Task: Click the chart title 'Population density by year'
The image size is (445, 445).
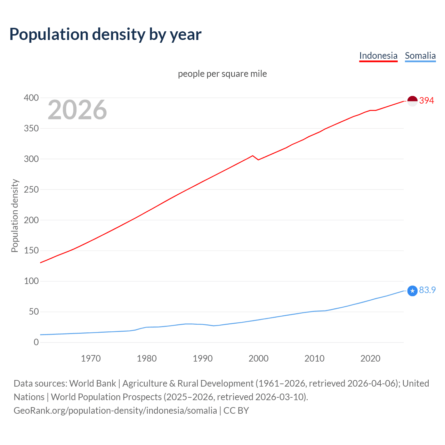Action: pyautogui.click(x=105, y=34)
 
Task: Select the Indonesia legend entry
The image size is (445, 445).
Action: pyautogui.click(x=378, y=56)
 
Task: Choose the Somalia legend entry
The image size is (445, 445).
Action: pyautogui.click(x=420, y=56)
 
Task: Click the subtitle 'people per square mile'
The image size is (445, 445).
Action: pyautogui.click(x=222, y=74)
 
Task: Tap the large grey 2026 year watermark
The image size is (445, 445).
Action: pyautogui.click(x=77, y=110)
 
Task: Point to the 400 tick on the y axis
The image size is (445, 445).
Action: pyautogui.click(x=31, y=98)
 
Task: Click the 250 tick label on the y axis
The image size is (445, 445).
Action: pyautogui.click(x=31, y=190)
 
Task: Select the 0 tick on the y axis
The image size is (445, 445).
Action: pyautogui.click(x=36, y=342)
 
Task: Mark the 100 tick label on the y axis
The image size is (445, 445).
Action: pyautogui.click(x=31, y=281)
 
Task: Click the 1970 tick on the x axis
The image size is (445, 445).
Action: pyautogui.click(x=91, y=358)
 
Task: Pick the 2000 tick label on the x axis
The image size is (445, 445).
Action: pyautogui.click(x=258, y=358)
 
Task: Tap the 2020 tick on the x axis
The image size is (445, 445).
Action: pyautogui.click(x=370, y=358)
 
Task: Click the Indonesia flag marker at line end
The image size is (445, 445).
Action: pyautogui.click(x=412, y=101)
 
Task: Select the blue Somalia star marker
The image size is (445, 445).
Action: pyautogui.click(x=412, y=291)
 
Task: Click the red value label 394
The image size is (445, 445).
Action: pyautogui.click(x=427, y=101)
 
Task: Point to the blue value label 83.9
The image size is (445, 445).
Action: pyautogui.click(x=427, y=290)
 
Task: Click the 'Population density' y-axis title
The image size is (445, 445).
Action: pyautogui.click(x=15, y=216)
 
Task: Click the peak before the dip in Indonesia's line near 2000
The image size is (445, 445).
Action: pyautogui.click(x=253, y=156)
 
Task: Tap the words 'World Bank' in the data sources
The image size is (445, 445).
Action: pyautogui.click(x=92, y=383)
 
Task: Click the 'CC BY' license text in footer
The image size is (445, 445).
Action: pyautogui.click(x=236, y=411)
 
